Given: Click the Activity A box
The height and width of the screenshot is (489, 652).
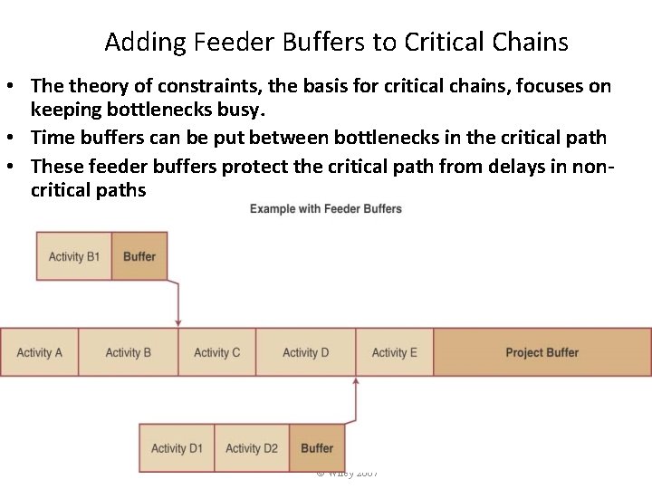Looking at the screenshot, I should click(x=39, y=352).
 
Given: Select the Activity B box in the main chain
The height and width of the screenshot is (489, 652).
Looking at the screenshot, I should click(x=128, y=352).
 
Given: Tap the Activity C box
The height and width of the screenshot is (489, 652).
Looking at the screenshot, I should click(x=216, y=352).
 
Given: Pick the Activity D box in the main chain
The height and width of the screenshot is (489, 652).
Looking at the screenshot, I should click(x=305, y=352).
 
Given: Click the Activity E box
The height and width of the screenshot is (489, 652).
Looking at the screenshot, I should click(x=394, y=352).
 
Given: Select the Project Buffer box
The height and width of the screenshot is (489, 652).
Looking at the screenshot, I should click(x=542, y=352).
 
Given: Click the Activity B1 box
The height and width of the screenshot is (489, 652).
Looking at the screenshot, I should click(x=73, y=256).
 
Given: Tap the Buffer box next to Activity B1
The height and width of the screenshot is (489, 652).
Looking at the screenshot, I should click(x=139, y=256).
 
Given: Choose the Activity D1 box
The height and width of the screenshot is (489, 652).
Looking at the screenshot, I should click(x=177, y=447).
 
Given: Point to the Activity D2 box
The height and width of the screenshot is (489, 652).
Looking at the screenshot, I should click(x=251, y=447).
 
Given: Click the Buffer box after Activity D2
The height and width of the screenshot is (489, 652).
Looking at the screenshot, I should click(x=317, y=447).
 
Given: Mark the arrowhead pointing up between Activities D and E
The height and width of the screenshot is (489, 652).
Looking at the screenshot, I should click(x=356, y=382).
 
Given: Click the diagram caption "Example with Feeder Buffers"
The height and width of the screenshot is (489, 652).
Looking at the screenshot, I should click(x=325, y=209).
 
